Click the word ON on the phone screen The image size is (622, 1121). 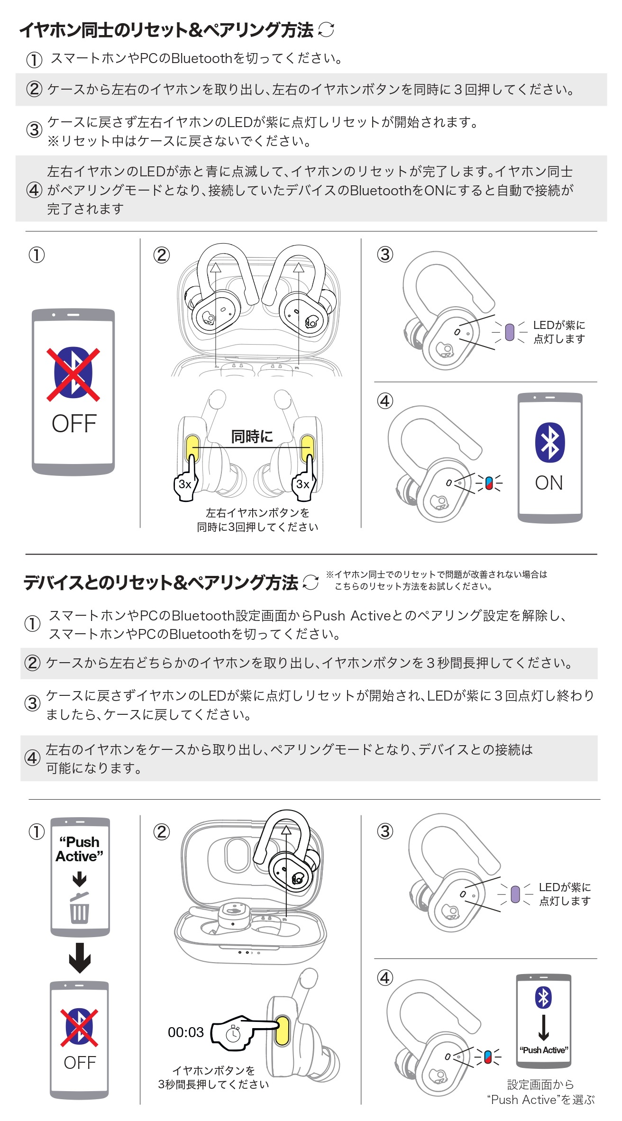[549, 483]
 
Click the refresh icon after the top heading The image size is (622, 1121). [326, 29]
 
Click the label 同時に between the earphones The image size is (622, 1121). [252, 436]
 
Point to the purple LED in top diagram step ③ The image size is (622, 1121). [510, 332]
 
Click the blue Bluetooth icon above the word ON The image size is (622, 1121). [549, 442]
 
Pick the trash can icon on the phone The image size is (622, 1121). [79, 907]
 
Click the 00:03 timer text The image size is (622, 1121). [186, 1032]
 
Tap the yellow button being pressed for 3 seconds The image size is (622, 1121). [282, 1030]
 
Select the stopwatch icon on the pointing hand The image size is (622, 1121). [233, 1034]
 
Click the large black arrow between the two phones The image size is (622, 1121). [80, 958]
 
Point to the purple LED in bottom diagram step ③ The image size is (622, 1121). [515, 894]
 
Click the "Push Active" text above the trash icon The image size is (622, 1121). [80, 849]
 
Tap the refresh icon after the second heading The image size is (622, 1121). [311, 582]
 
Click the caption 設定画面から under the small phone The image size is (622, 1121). [540, 1084]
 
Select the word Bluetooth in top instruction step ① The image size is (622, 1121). [201, 58]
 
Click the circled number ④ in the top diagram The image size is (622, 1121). [385, 401]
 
